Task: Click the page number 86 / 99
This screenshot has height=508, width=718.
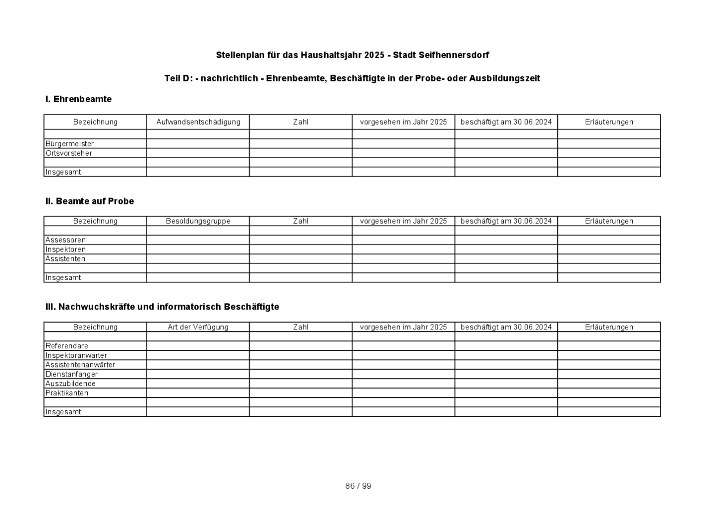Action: [358, 486]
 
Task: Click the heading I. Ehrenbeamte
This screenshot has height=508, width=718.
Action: [78, 99]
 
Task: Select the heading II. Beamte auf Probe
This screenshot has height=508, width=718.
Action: [89, 201]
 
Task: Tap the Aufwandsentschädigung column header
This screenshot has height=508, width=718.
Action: [198, 122]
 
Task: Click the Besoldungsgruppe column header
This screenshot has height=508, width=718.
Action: [198, 221]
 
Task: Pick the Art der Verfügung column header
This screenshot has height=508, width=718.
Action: [198, 327]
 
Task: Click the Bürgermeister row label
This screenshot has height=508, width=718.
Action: [69, 144]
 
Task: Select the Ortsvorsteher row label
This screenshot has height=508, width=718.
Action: [68, 153]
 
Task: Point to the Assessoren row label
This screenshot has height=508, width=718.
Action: [65, 240]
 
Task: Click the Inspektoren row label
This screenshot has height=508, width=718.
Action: [65, 250]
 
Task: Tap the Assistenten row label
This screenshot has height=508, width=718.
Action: [65, 259]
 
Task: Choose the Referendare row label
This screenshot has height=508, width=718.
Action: [66, 346]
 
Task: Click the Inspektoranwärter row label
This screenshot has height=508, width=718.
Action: [76, 355]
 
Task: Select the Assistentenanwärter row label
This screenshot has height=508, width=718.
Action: [80, 365]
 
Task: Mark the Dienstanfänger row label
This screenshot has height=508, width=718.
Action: [71, 374]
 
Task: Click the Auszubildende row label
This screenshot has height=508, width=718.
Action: [70, 383]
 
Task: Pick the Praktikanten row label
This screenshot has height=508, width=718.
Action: [66, 393]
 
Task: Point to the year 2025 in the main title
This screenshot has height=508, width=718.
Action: [374, 55]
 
